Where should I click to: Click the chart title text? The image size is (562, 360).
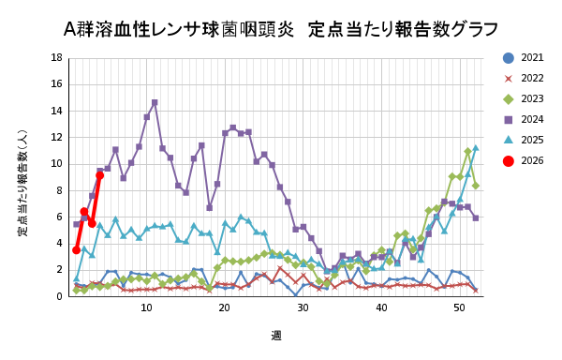click(x=281, y=28)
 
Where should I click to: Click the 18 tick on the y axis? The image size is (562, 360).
click(x=57, y=58)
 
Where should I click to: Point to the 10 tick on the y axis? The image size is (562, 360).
click(x=57, y=164)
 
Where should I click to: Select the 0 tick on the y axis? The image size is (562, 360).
click(x=60, y=296)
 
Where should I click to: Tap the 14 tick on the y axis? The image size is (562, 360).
click(x=57, y=111)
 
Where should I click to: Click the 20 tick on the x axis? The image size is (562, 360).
click(x=225, y=307)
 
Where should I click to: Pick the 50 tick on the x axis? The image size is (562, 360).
click(x=460, y=307)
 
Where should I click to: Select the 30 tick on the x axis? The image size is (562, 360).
click(x=303, y=307)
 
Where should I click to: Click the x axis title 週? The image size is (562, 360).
click(x=276, y=335)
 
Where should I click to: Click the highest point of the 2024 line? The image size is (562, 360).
click(x=155, y=103)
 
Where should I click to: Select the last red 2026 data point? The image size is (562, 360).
click(x=99, y=175)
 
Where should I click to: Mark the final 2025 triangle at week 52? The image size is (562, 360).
click(x=475, y=148)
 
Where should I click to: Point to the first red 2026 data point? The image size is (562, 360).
click(x=76, y=249)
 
